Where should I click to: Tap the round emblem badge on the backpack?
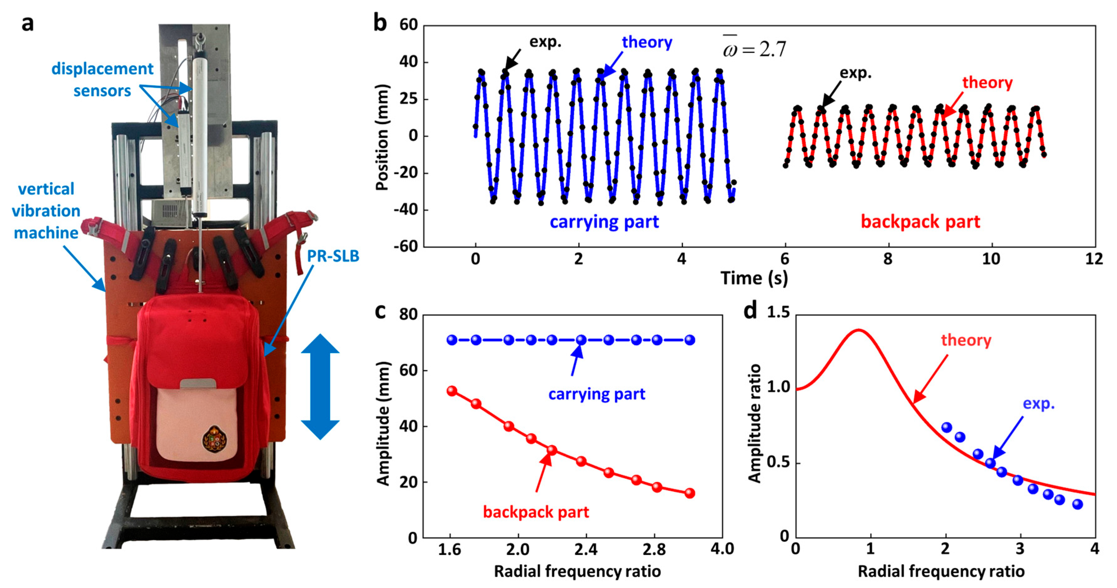tap(215, 439)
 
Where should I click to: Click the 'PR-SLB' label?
tap(333, 256)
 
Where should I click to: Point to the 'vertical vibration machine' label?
tap(46, 211)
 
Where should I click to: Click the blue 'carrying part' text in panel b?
tap(604, 222)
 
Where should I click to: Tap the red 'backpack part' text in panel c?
tap(536, 512)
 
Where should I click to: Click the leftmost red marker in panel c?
tap(452, 391)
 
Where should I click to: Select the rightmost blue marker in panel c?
tap(690, 340)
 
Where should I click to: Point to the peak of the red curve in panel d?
tap(858, 330)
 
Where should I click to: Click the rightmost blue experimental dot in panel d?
tap(1077, 504)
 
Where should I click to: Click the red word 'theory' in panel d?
tap(966, 340)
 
